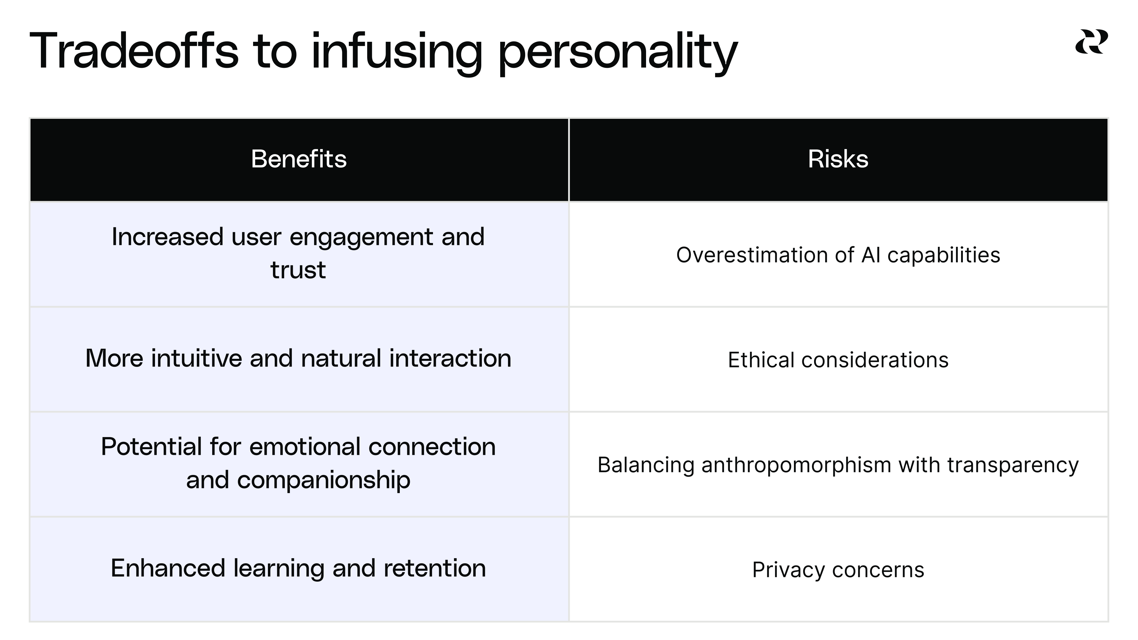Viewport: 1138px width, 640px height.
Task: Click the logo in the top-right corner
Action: pos(1091,42)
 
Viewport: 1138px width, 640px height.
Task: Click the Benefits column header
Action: pos(299,159)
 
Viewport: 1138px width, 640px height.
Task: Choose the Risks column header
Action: pos(838,159)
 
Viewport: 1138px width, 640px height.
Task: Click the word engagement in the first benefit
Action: pos(361,237)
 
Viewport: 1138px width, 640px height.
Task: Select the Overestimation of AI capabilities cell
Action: pos(838,255)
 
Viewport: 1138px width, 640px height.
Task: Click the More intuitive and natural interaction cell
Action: pos(299,358)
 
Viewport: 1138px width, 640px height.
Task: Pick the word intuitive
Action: pos(196,358)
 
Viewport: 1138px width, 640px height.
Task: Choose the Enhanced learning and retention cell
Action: pos(299,569)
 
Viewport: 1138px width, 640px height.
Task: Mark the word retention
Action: pos(435,569)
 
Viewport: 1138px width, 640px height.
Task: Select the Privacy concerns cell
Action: pos(838,570)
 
